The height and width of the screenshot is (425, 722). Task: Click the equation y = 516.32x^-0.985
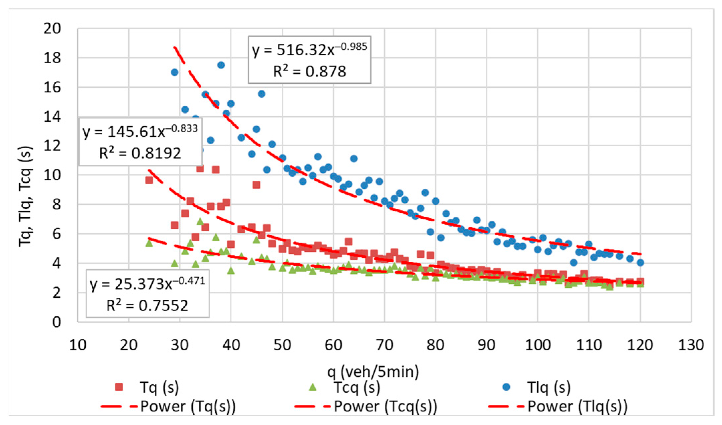309,50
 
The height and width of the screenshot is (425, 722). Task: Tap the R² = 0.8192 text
140,154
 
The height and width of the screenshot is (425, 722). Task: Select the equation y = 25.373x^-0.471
147,284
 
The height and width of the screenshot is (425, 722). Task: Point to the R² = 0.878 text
309,71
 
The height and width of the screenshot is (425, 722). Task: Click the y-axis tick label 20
52,29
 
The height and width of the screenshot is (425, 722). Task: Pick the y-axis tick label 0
56,322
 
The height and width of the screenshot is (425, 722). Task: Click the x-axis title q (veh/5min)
373,372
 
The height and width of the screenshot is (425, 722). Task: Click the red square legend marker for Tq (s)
119,387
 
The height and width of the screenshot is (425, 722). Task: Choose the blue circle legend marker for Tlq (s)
506,387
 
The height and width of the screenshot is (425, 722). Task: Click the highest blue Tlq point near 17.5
221,65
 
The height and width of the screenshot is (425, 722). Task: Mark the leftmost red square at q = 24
149,180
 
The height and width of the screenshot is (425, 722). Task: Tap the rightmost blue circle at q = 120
641,263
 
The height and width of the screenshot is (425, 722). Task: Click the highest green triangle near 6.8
200,222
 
